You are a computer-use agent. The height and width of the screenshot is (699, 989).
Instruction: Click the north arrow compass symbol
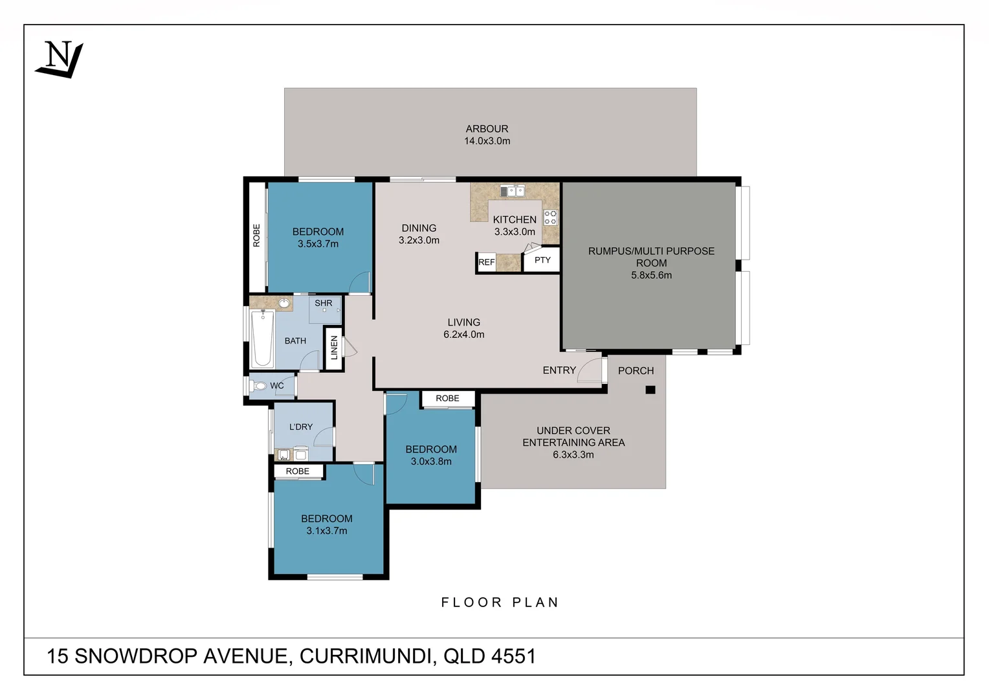point(59,60)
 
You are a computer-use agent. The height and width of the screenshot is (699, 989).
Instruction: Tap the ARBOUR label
point(487,129)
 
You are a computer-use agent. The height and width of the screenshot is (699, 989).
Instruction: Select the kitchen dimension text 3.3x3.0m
point(515,232)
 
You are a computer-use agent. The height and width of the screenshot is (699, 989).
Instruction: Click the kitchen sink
point(512,191)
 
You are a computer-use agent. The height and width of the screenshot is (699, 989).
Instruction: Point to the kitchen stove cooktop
point(550,217)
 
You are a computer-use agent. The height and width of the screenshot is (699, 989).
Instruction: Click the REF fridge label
point(486,262)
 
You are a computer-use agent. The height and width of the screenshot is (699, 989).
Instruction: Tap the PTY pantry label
point(542,260)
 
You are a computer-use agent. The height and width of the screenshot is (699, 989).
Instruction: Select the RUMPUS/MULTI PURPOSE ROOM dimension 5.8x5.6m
point(651,275)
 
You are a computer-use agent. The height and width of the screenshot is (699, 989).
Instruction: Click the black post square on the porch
point(650,390)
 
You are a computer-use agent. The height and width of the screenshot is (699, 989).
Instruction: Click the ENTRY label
point(559,370)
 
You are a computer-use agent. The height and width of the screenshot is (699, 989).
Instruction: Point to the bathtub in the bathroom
point(262,338)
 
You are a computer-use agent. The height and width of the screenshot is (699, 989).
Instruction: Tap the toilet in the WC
point(259,386)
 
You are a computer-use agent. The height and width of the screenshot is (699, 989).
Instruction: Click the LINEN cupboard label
point(334,348)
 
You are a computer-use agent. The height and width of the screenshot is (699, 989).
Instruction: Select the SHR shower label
point(324,303)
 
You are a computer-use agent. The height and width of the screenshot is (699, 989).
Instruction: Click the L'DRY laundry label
point(301,427)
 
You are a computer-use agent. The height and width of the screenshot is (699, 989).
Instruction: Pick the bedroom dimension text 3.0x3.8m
point(431,461)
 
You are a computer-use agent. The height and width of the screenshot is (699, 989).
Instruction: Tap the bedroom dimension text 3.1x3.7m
point(327,531)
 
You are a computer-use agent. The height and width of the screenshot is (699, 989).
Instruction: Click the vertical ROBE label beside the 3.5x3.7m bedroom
point(256,236)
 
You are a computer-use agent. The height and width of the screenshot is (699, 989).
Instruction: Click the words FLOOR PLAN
point(500,603)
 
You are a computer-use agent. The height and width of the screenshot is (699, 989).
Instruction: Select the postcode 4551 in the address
point(513,656)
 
